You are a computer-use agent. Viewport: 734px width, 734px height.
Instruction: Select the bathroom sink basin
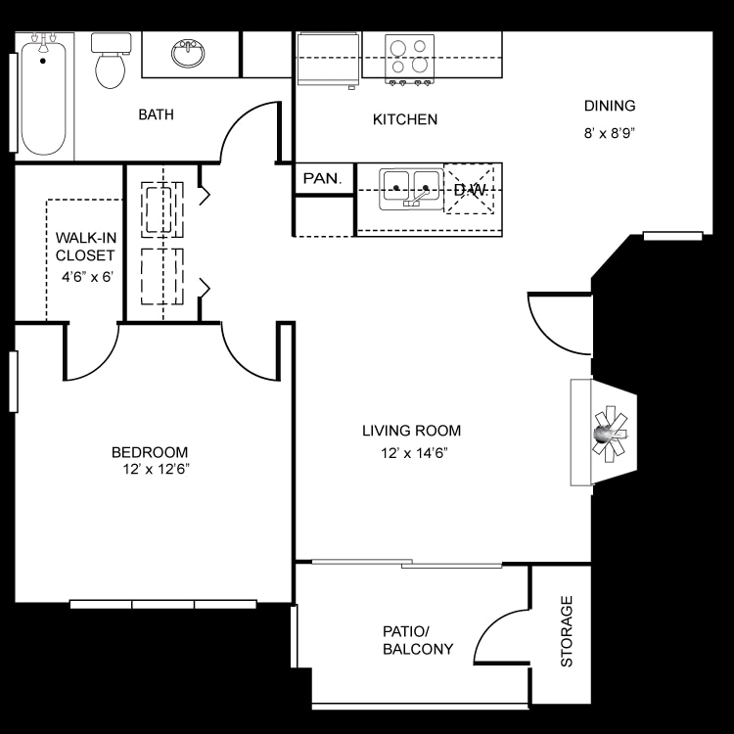[188, 54]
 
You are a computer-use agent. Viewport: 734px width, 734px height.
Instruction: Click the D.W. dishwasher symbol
[469, 188]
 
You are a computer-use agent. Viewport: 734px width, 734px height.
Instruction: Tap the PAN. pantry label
[322, 178]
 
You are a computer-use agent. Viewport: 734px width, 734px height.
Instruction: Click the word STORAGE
[567, 631]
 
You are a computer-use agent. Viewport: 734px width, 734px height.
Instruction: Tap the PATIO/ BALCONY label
[418, 640]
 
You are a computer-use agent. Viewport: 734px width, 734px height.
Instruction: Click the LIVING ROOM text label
[411, 431]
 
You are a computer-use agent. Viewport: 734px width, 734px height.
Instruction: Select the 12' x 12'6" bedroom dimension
[151, 470]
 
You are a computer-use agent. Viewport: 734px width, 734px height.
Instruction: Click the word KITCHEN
[404, 119]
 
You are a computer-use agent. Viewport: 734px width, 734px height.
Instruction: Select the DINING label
[610, 106]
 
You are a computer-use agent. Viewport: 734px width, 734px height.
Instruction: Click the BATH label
[156, 115]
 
